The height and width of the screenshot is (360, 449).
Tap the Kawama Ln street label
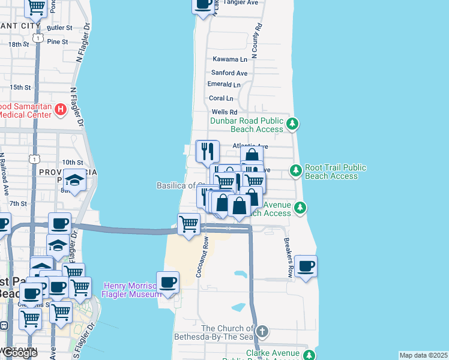(x=230, y=59)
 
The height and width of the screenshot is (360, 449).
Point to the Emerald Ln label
(x=224, y=85)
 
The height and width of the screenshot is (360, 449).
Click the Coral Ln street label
(x=221, y=98)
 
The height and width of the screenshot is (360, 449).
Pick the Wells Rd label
(x=224, y=112)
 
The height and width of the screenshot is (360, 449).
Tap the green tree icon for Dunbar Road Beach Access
(x=292, y=124)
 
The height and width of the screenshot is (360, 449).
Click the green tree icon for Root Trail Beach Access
(x=295, y=171)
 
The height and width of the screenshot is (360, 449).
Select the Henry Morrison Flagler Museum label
(x=132, y=290)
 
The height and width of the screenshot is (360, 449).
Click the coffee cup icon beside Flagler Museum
(x=167, y=283)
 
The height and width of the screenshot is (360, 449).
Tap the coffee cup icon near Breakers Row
(x=306, y=266)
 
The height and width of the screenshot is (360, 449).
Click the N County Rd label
(x=256, y=41)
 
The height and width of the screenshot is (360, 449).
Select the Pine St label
(x=58, y=41)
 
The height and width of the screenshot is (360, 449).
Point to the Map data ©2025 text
(x=423, y=355)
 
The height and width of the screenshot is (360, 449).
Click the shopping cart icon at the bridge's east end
(x=188, y=225)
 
